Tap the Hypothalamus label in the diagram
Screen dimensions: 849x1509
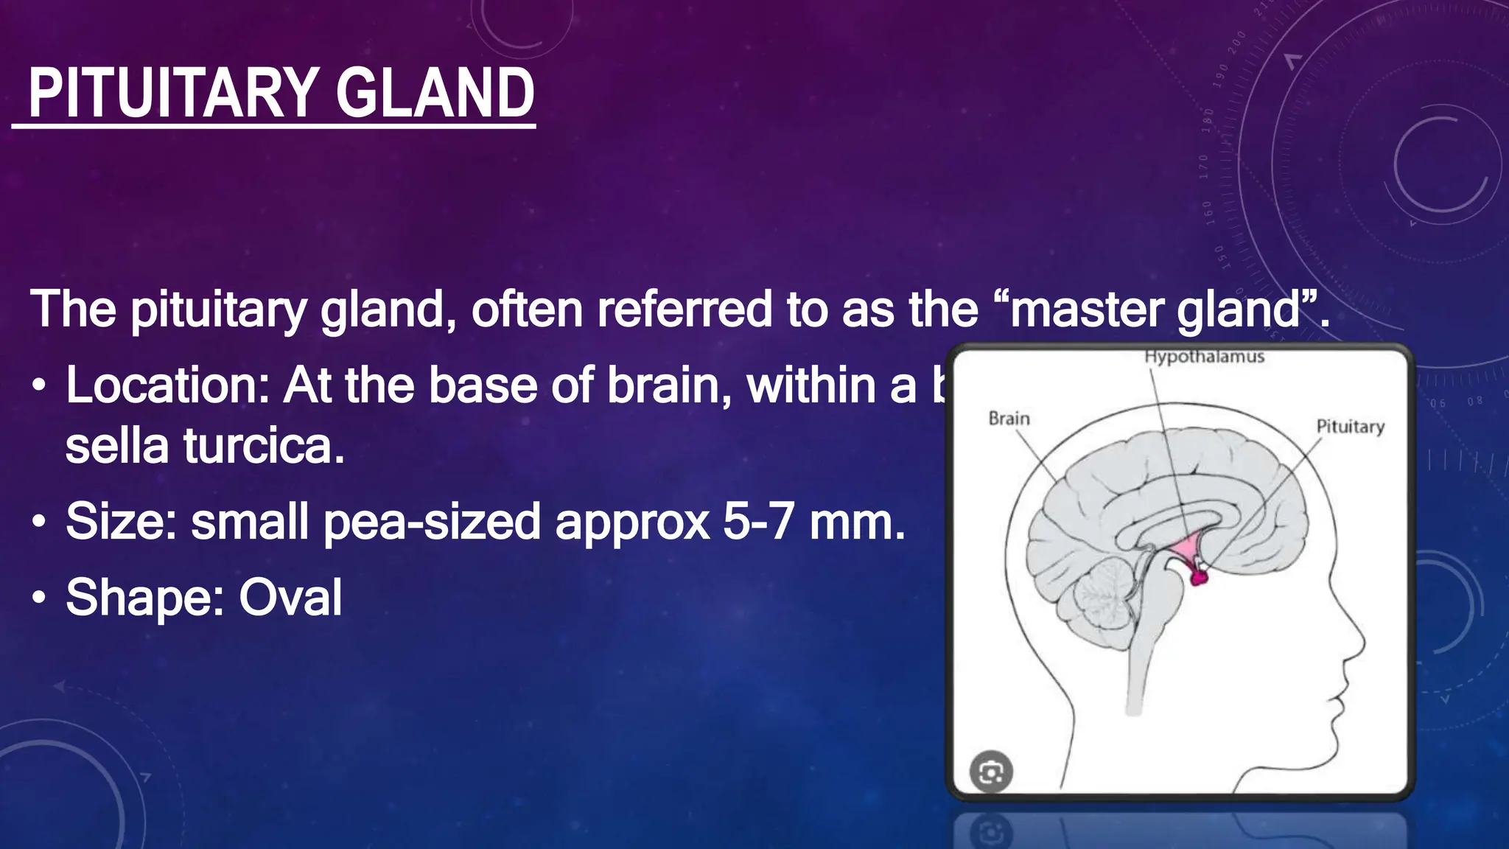pyautogui.click(x=1204, y=357)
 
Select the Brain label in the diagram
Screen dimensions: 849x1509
pyautogui.click(x=1009, y=419)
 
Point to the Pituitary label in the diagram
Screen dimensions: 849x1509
pyautogui.click(x=1350, y=427)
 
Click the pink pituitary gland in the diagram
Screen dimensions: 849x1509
pyautogui.click(x=1200, y=576)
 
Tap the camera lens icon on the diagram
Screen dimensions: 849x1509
pyautogui.click(x=991, y=772)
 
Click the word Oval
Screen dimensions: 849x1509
pyautogui.click(x=290, y=597)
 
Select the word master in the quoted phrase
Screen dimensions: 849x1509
pyautogui.click(x=1088, y=309)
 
